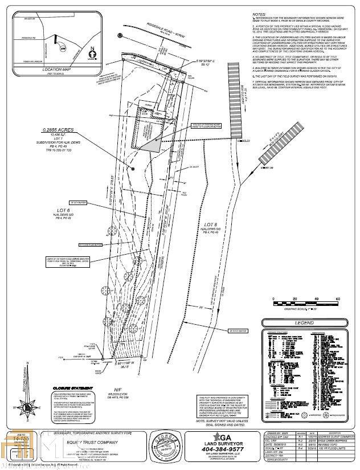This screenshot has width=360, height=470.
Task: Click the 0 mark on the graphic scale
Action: click(x=273, y=299)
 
